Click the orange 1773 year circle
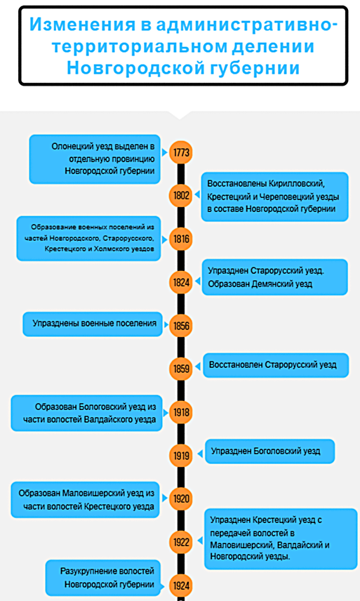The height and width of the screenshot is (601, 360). click(x=181, y=152)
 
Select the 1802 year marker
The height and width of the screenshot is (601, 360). click(x=181, y=195)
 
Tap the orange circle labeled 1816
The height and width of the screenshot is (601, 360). click(x=181, y=239)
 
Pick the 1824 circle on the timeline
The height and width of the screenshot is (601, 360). click(x=181, y=282)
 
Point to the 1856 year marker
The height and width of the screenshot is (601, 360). click(x=181, y=326)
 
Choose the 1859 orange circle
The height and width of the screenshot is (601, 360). click(x=181, y=369)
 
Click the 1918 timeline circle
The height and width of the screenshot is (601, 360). click(x=181, y=412)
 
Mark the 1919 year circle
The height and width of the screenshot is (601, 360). click(x=181, y=456)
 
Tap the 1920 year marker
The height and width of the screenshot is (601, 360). click(x=181, y=498)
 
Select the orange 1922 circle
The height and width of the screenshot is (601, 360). click(x=181, y=542)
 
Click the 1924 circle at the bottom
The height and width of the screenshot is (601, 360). click(x=181, y=586)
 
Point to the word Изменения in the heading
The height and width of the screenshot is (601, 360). click(x=82, y=25)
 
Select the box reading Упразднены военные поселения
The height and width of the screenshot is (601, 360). click(x=93, y=324)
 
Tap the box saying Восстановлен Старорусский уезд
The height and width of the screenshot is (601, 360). click(x=276, y=365)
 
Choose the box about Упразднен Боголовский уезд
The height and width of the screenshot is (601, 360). click(x=270, y=451)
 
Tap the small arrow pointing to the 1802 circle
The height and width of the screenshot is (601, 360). click(x=198, y=195)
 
